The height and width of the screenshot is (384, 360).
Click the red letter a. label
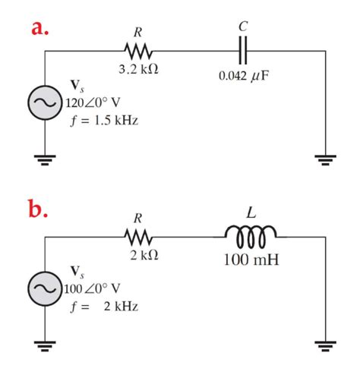pyautogui.click(x=41, y=28)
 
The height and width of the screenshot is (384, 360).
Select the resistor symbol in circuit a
pyautogui.click(x=139, y=52)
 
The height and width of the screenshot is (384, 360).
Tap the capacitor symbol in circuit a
pyautogui.click(x=242, y=52)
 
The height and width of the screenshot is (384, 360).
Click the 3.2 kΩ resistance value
pyautogui.click(x=139, y=70)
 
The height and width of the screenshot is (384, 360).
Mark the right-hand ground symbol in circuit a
pyautogui.click(x=326, y=160)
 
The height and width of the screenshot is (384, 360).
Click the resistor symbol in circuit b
pyautogui.click(x=139, y=238)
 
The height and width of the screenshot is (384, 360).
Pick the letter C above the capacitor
pyautogui.click(x=242, y=27)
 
